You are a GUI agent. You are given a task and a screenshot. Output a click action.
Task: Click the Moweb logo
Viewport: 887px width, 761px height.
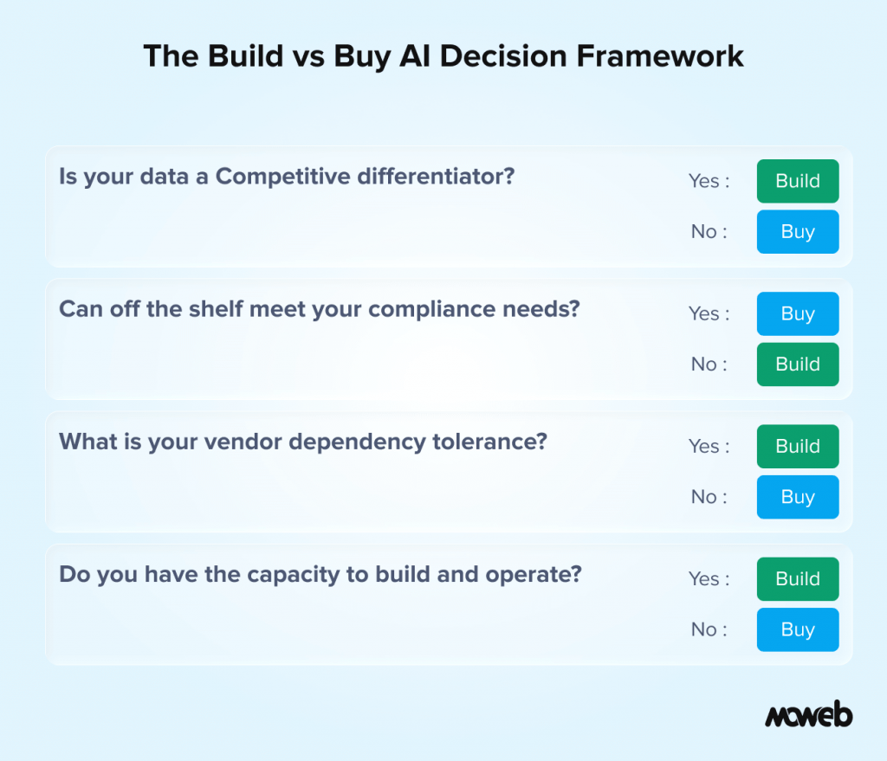(x=808, y=715)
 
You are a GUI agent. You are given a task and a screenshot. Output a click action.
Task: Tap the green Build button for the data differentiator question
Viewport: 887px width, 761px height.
(x=798, y=181)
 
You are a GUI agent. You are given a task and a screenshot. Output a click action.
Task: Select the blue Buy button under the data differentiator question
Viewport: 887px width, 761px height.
(x=798, y=232)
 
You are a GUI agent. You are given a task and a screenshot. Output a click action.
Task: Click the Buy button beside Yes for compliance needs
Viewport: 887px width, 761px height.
(x=798, y=313)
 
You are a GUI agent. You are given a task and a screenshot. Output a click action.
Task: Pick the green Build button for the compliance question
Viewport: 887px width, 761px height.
(x=798, y=364)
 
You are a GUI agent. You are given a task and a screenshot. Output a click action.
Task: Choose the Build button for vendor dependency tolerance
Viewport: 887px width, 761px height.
(x=798, y=447)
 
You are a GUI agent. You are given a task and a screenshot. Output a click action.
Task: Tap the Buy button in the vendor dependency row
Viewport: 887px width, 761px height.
(x=798, y=497)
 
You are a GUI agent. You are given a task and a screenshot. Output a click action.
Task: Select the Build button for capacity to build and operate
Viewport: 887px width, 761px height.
(x=798, y=579)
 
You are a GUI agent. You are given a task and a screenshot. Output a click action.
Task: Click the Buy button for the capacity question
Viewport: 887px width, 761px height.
(x=798, y=629)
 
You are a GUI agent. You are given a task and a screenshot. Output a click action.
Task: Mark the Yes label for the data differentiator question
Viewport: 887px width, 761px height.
(x=704, y=181)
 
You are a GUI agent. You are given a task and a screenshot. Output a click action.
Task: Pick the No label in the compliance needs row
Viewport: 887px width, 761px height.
(x=704, y=364)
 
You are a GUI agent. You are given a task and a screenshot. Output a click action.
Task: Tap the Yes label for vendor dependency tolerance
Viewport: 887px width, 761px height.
(x=704, y=447)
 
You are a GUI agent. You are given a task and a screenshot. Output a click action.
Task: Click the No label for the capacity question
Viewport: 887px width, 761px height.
(x=704, y=629)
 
